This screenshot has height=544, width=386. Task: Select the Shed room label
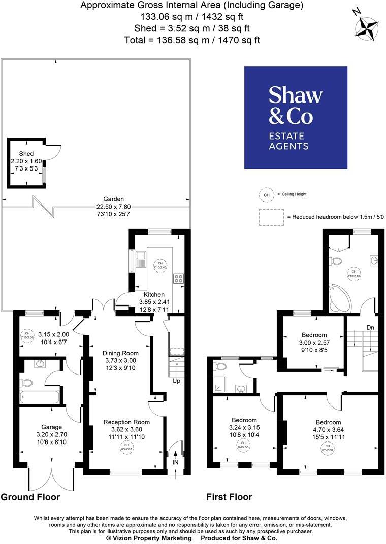(26, 153)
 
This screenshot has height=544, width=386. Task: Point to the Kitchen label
(154, 294)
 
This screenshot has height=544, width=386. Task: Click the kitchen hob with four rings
(178, 278)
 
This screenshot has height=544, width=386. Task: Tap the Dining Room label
(120, 353)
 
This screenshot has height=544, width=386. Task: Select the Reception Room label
(126, 422)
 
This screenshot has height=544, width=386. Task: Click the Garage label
(52, 427)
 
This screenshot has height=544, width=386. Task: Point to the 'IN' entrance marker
(175, 463)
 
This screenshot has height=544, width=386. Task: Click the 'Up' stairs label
(176, 381)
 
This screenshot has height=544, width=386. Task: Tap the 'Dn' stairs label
(370, 328)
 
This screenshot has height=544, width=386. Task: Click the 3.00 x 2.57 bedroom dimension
(314, 343)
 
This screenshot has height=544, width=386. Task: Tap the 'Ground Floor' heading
(30, 497)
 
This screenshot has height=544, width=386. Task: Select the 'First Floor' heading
(229, 497)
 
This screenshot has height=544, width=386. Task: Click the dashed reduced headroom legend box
(271, 217)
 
